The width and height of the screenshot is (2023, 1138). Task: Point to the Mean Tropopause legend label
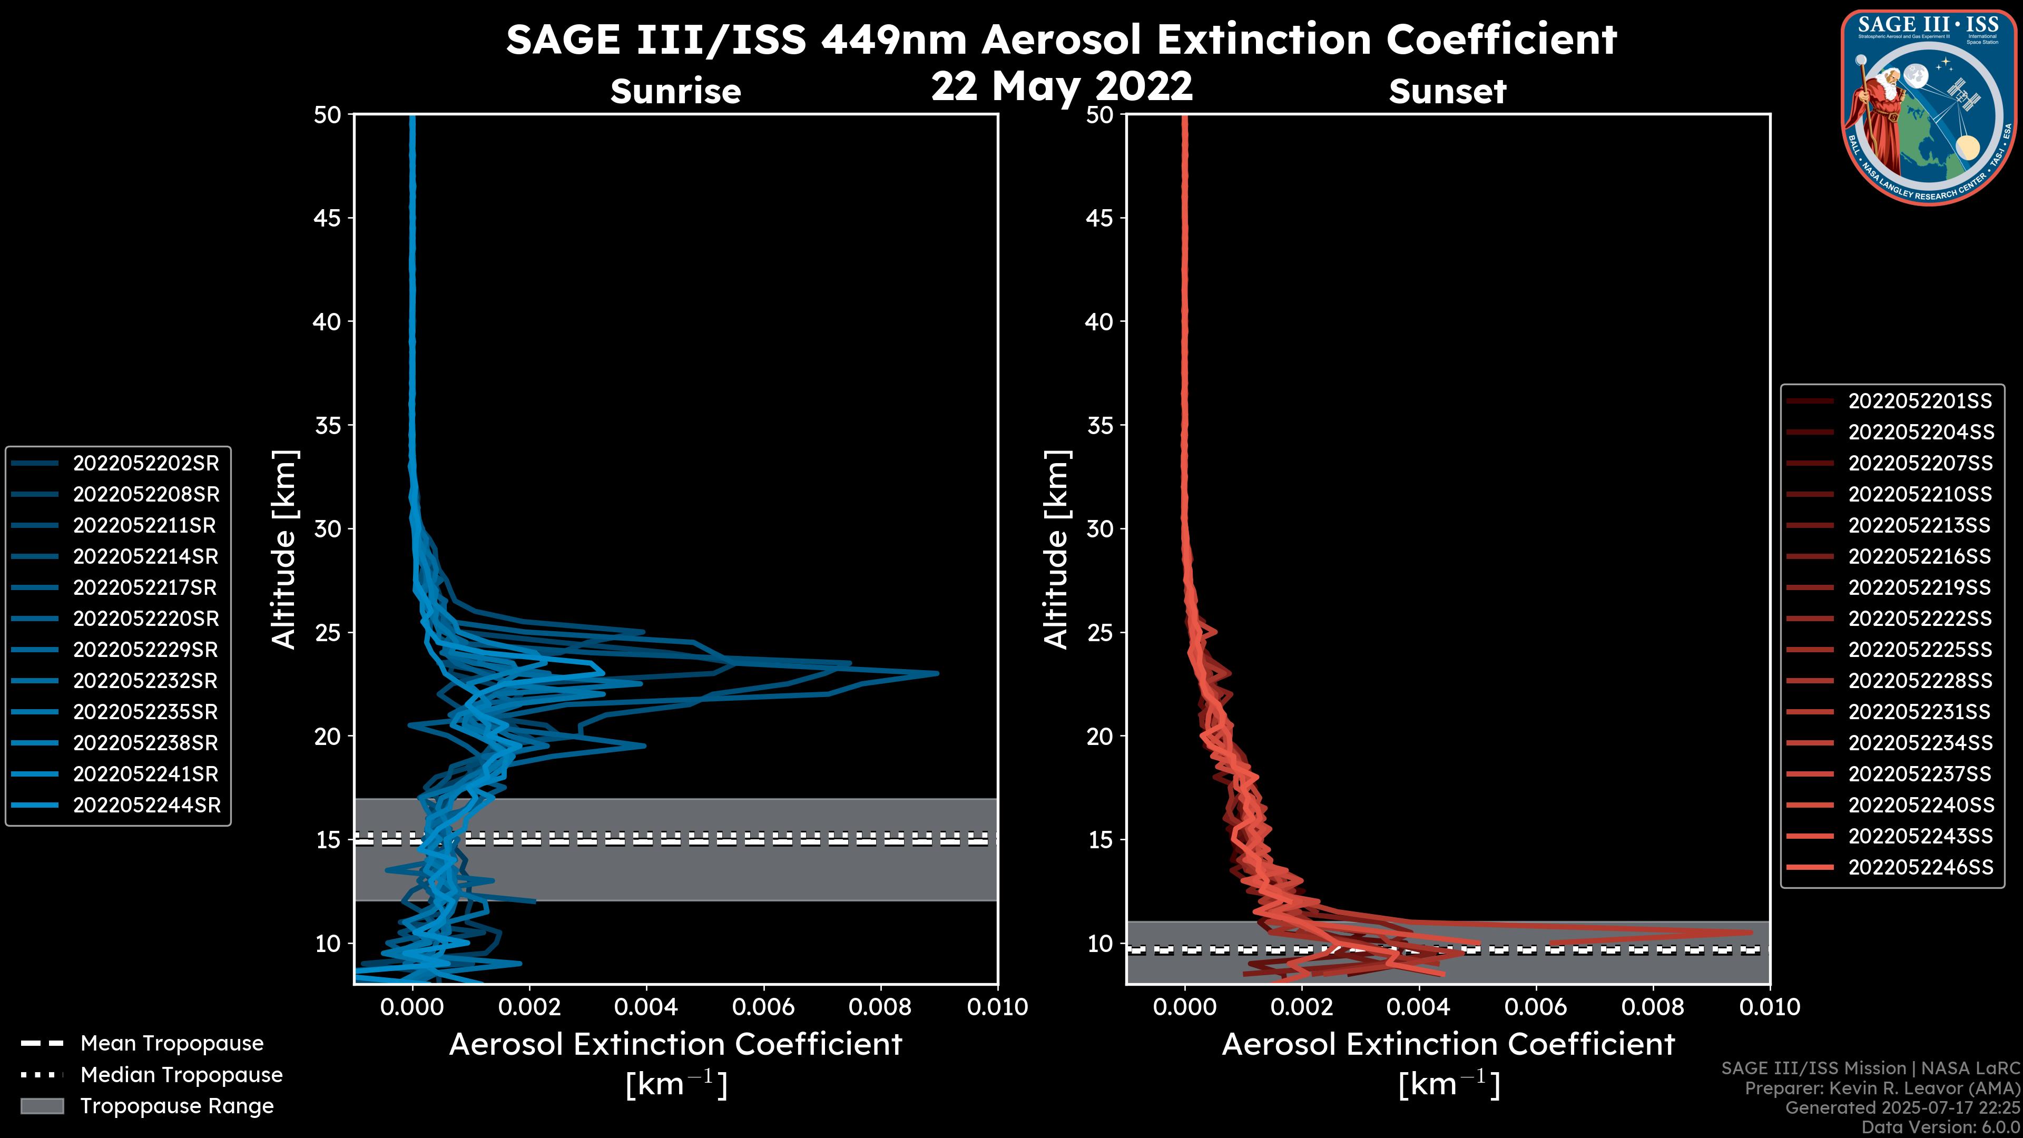click(172, 1043)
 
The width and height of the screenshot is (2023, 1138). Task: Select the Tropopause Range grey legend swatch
click(42, 1106)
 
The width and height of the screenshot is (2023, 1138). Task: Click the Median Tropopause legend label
click(181, 1074)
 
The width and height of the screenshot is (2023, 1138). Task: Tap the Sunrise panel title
click(675, 91)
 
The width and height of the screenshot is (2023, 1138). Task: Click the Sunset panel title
click(1447, 91)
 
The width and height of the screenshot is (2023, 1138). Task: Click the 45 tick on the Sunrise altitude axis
click(328, 218)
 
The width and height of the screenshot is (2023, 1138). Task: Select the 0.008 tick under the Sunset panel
click(1653, 1007)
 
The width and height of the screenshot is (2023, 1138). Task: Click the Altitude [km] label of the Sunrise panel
click(283, 549)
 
